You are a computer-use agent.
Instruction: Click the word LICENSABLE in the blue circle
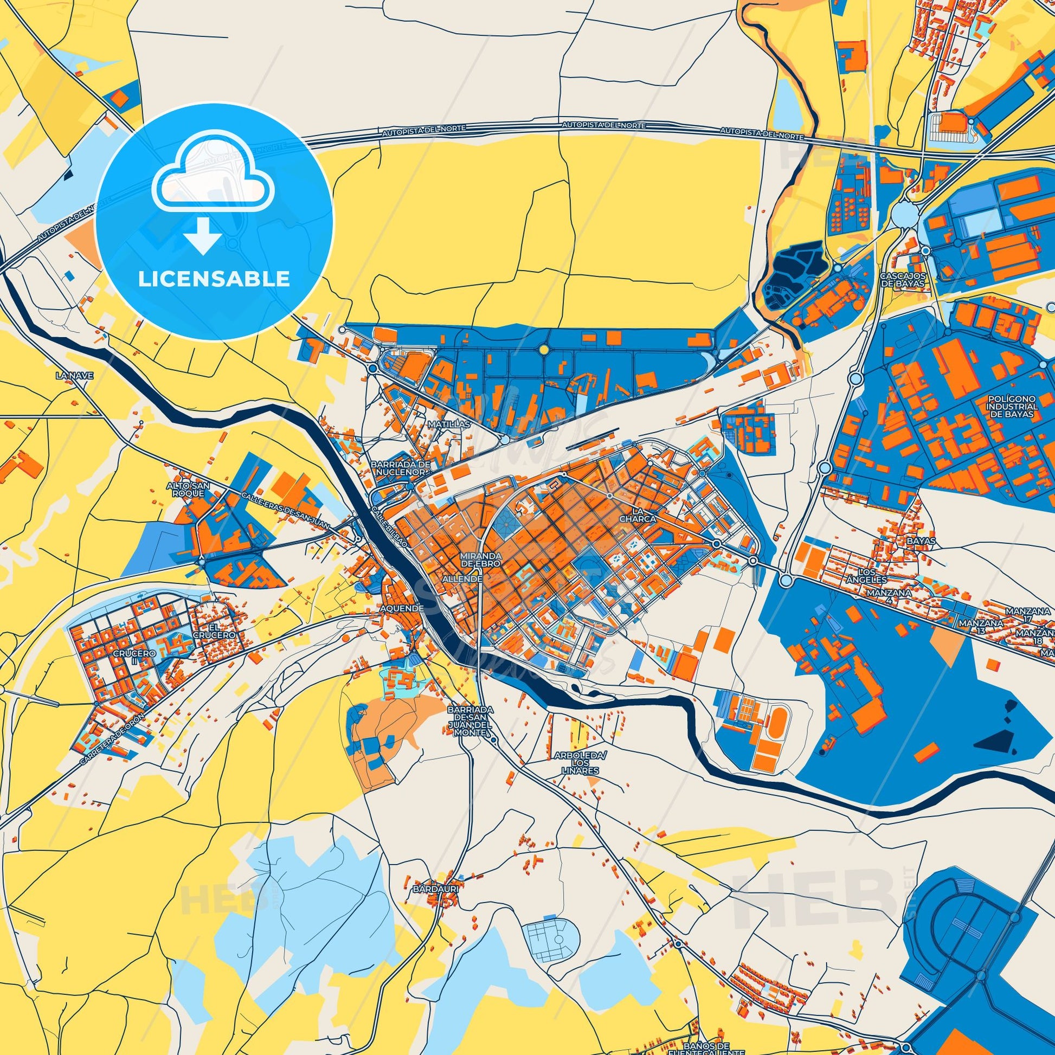pos(214,279)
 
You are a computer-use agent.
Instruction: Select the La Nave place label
pos(75,376)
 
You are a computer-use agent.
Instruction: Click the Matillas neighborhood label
pos(449,424)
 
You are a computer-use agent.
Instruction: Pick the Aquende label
pos(403,608)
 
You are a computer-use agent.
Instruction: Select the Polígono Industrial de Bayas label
pos(1013,407)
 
